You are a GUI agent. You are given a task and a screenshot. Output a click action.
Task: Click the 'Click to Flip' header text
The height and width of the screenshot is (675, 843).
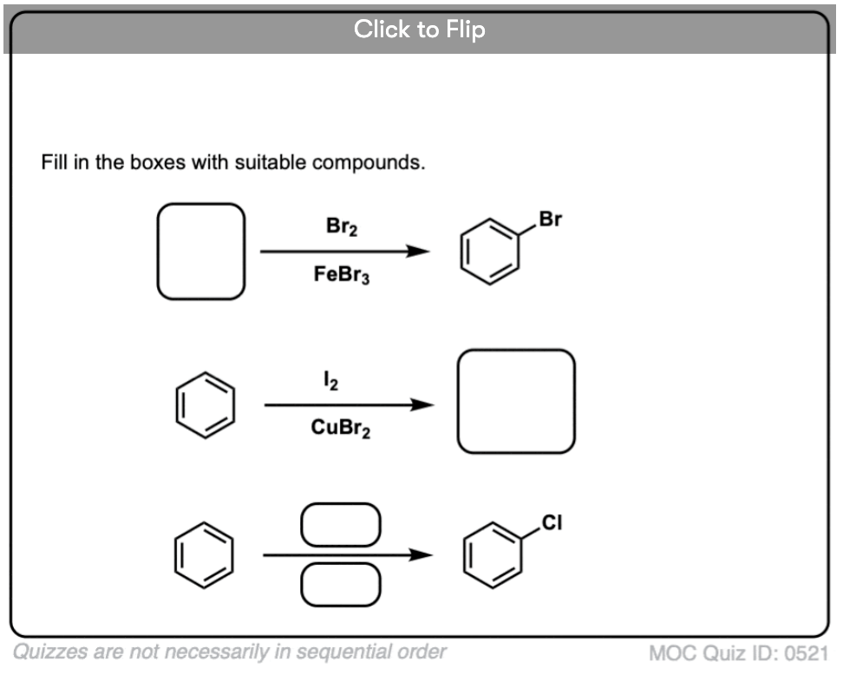click(x=420, y=29)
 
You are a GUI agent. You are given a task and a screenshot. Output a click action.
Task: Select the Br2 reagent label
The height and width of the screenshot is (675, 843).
click(x=342, y=227)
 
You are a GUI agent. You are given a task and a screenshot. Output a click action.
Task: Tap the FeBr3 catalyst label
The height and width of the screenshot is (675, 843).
click(x=342, y=276)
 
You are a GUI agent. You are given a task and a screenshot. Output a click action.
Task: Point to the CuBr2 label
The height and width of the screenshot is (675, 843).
click(x=341, y=429)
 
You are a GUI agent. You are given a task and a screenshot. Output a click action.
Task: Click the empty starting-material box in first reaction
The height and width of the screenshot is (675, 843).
click(x=201, y=252)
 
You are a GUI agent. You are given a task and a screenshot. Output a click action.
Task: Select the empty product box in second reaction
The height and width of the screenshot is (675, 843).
click(x=516, y=402)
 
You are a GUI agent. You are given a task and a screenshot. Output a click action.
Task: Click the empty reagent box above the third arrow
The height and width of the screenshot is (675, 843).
click(x=340, y=526)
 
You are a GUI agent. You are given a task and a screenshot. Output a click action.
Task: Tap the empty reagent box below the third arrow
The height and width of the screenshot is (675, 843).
click(x=340, y=584)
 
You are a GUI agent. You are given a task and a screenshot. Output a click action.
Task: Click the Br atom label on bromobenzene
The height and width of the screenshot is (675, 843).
click(x=550, y=219)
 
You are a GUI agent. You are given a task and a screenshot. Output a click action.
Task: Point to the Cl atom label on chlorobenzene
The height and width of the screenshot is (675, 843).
click(x=552, y=522)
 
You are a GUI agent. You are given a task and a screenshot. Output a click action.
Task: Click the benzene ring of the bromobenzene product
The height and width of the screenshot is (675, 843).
click(x=489, y=252)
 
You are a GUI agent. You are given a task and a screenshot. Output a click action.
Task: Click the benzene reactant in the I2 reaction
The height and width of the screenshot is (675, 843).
click(x=205, y=405)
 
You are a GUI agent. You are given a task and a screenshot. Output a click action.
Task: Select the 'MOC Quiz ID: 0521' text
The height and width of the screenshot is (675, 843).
click(x=737, y=653)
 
